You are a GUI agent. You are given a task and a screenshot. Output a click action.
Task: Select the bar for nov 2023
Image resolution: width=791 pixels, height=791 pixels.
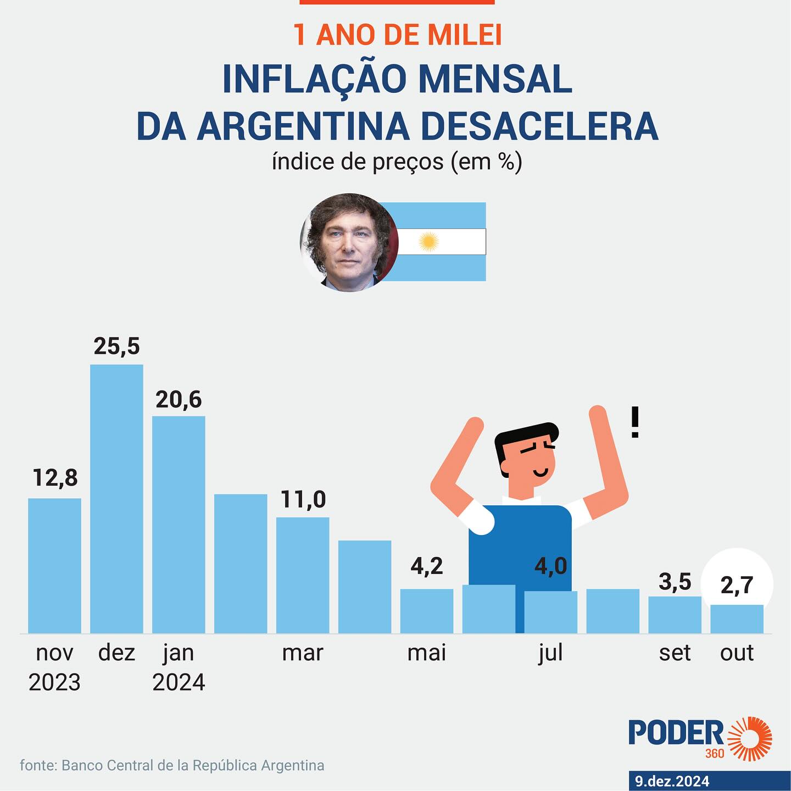[x=54, y=566]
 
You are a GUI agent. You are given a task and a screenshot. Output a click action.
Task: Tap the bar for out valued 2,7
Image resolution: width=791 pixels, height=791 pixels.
[x=737, y=619]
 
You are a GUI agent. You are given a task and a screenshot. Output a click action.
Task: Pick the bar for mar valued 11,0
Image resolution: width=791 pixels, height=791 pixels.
[x=303, y=575]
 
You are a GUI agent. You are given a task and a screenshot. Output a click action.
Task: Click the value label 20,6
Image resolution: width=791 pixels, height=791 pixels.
[x=179, y=400]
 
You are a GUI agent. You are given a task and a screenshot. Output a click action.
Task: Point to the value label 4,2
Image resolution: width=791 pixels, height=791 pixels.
[x=427, y=566]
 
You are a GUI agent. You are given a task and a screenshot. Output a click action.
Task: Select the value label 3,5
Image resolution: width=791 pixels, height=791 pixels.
[x=675, y=582]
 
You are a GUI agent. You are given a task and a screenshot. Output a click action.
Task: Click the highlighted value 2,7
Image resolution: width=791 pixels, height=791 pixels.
[x=737, y=586]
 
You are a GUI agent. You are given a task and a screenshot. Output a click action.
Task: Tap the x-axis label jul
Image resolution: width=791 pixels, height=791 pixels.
[x=550, y=653]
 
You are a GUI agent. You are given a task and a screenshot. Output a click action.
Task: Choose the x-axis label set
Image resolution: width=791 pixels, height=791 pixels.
[x=675, y=653]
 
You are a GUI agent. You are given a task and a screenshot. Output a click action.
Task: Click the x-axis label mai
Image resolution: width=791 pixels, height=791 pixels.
[x=427, y=653]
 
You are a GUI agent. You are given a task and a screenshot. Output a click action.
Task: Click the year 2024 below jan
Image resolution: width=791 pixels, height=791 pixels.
[x=179, y=682]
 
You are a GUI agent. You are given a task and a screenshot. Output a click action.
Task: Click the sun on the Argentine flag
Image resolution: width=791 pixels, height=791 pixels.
[x=428, y=242]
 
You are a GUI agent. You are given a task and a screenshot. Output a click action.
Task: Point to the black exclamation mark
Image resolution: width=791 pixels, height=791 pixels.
[x=635, y=422]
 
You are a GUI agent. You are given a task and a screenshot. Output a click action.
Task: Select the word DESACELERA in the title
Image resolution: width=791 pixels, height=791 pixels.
[x=539, y=126]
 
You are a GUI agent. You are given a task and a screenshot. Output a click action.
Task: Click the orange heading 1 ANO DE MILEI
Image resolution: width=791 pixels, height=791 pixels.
[x=397, y=35]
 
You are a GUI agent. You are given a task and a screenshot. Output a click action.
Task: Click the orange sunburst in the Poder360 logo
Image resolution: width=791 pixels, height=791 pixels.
[x=750, y=738]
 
